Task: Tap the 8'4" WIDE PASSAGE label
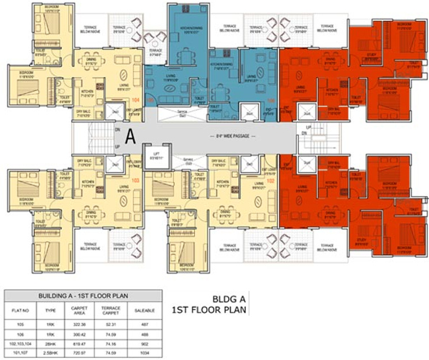[x=234, y=135]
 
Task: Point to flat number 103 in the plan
[x=135, y=181]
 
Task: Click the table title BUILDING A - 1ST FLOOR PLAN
[x=83, y=296]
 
